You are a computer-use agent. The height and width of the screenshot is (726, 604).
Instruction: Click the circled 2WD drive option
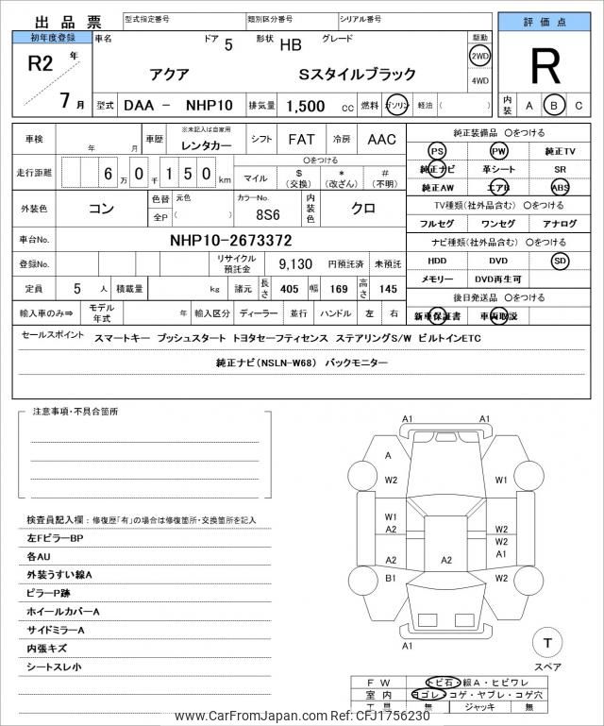[479, 56]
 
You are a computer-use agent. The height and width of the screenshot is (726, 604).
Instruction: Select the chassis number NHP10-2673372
[231, 240]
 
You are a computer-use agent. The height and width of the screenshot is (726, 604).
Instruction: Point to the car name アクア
[170, 73]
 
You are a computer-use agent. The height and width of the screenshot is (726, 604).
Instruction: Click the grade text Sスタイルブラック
[357, 73]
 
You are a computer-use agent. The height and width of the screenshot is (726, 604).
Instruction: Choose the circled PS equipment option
[436, 151]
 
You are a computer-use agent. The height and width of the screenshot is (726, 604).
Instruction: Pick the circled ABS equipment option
[561, 187]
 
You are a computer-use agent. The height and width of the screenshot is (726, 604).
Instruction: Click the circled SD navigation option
[561, 261]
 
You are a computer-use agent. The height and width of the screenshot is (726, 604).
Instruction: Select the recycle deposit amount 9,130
[294, 264]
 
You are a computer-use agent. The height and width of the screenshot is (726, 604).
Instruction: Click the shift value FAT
[301, 139]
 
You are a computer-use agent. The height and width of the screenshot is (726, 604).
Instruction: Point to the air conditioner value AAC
[382, 139]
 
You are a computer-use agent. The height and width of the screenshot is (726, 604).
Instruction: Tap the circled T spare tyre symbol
[546, 644]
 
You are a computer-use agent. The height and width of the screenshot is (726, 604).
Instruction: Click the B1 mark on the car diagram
[391, 578]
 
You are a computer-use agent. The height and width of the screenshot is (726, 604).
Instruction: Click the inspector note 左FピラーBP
[56, 538]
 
